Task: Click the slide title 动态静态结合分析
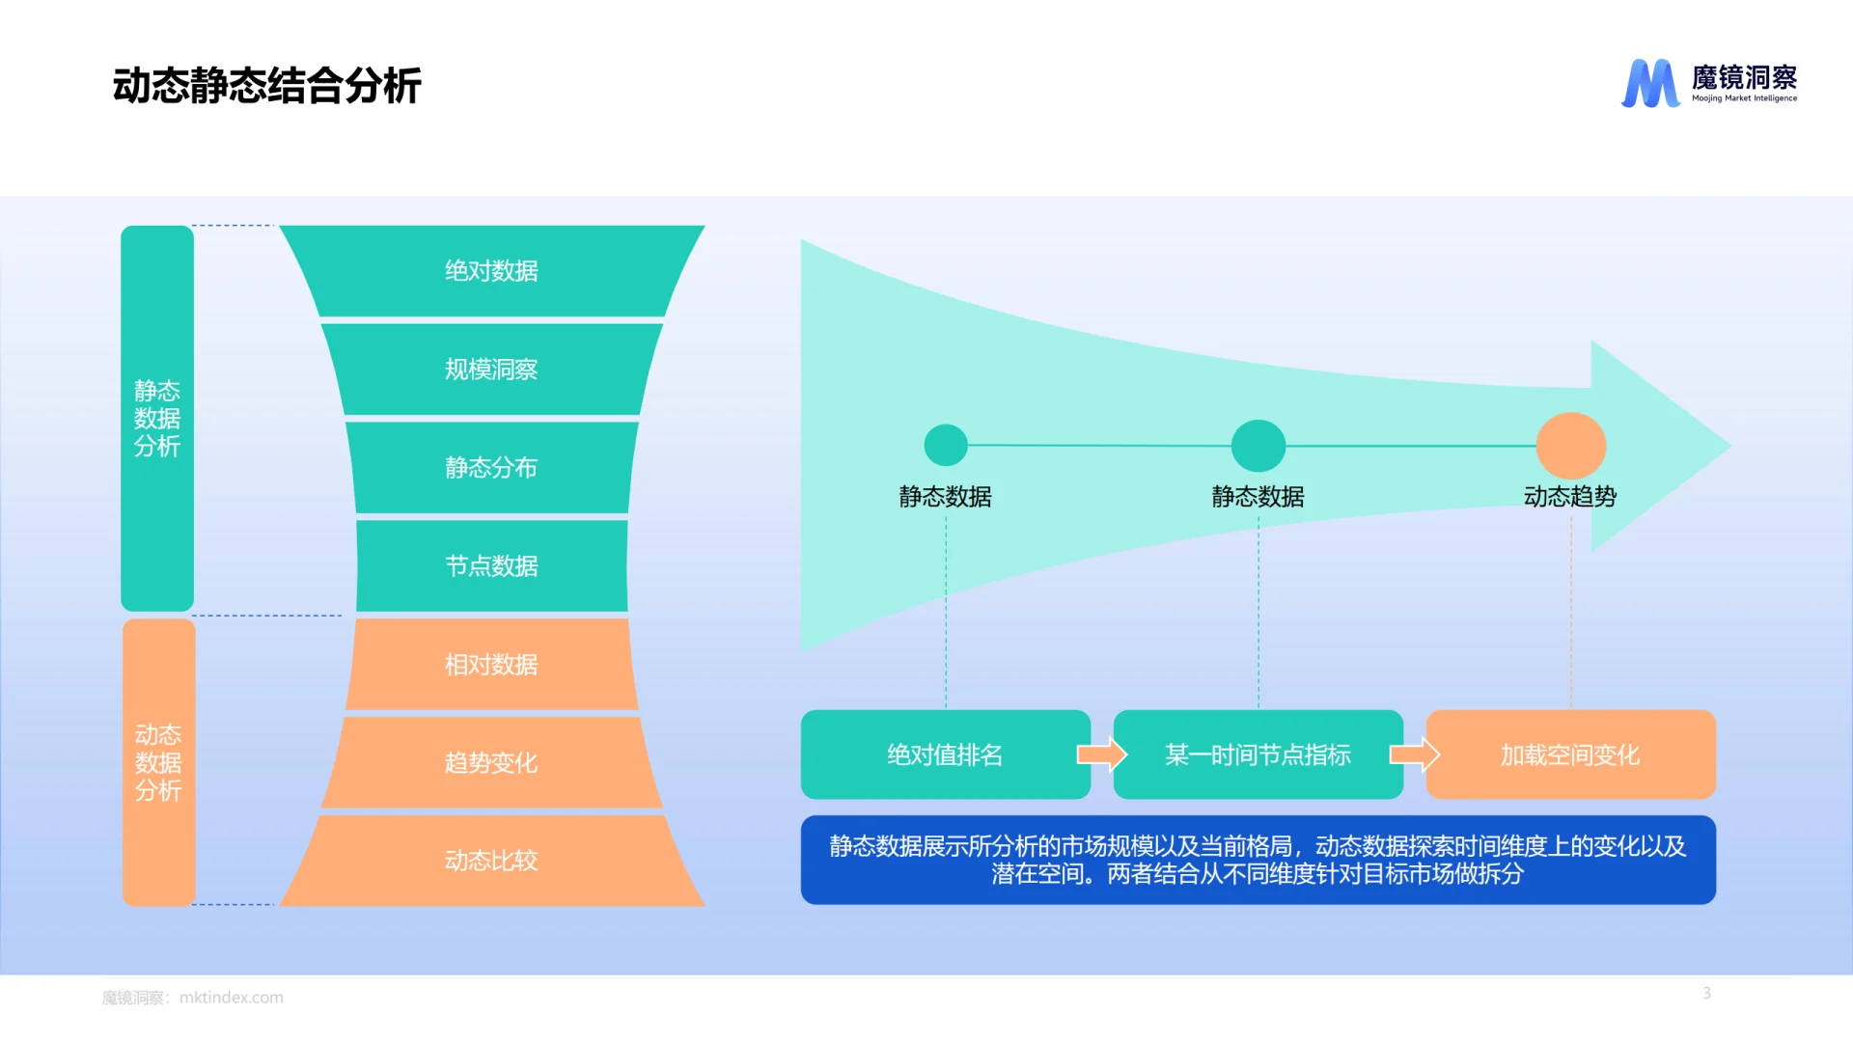266,86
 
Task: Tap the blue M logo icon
1649,83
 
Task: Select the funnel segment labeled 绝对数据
491,271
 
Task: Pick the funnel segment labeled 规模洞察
491,370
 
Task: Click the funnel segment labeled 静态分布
491,468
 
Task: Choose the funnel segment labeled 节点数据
491,566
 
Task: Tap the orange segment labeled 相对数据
491,665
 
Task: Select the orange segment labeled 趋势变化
491,763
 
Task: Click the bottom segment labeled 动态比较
491,861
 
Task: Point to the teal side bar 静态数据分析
157,418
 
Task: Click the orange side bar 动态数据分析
158,762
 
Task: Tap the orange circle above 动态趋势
1570,446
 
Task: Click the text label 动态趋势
1570,497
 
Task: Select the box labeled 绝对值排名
945,754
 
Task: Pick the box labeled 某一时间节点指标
1258,754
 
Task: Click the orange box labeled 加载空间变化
1570,754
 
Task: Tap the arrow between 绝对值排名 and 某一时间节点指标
1102,754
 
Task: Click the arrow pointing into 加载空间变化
1415,754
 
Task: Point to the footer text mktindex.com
231,998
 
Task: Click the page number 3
1706,993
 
